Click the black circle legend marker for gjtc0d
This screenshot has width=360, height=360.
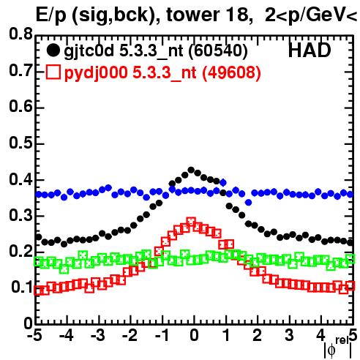(x=53, y=50)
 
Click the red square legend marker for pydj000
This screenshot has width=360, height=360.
(x=53, y=72)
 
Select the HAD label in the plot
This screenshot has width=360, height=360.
(x=310, y=50)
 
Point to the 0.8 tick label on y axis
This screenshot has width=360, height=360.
(x=20, y=34)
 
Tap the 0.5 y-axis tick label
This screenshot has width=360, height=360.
(x=20, y=143)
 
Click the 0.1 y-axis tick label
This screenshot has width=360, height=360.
(x=22, y=287)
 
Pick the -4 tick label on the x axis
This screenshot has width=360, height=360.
(x=66, y=335)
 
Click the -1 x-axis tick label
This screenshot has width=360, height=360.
(x=162, y=335)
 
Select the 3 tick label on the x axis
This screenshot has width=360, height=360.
(x=289, y=335)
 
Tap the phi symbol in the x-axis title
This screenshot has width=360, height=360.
(x=331, y=350)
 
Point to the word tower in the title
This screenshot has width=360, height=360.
(x=193, y=15)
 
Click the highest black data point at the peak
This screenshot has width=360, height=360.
(x=191, y=170)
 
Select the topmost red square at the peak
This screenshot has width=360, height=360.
(x=191, y=222)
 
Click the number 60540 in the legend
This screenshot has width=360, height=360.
(x=218, y=50)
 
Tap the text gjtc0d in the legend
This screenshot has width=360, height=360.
(x=89, y=51)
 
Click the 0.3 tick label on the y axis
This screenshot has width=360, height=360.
(x=20, y=215)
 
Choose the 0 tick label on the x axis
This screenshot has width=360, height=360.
(x=194, y=335)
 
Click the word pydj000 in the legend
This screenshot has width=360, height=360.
(x=96, y=72)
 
